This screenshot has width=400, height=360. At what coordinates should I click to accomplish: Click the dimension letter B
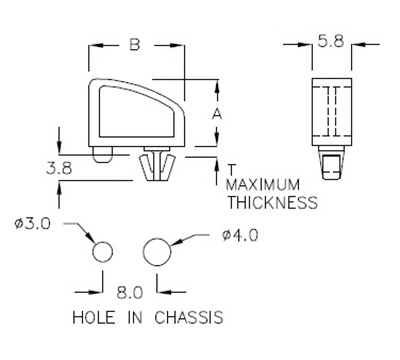coord(136,46)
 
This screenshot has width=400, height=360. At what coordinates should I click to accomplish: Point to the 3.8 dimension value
coord(59,168)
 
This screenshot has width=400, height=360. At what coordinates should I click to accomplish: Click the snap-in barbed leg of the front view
coord(155,168)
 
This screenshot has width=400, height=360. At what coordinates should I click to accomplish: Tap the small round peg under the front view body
coord(103,155)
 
